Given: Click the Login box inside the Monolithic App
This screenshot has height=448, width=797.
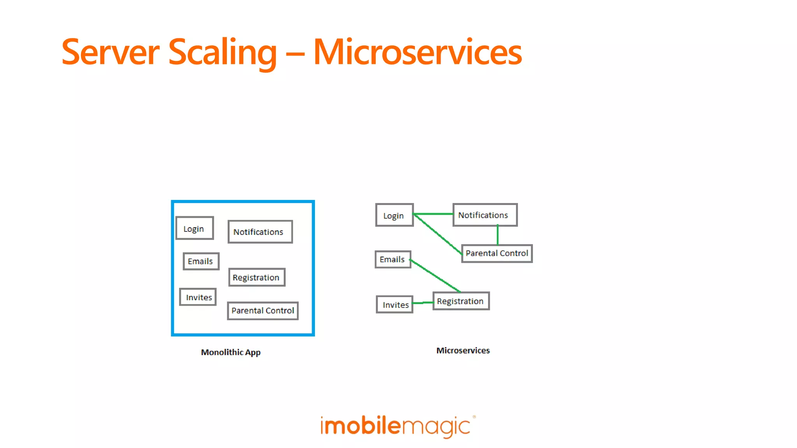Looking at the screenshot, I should [x=195, y=228].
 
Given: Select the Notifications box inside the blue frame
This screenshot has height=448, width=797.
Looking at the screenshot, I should [x=260, y=232].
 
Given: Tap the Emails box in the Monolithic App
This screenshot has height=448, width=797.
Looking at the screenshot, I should [x=201, y=261].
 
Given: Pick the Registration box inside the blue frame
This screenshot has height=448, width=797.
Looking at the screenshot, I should [x=257, y=277].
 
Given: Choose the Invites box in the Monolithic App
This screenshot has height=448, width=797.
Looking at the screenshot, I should [x=198, y=297].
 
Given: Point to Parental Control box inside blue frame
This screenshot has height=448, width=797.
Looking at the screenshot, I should [x=263, y=311].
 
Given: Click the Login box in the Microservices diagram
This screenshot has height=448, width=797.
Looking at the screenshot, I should [x=394, y=215].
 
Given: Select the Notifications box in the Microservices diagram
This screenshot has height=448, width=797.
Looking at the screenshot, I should [x=485, y=215].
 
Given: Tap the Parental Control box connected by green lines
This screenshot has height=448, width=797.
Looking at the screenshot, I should [x=497, y=253].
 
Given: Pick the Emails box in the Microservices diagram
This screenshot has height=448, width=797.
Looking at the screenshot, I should [x=393, y=259].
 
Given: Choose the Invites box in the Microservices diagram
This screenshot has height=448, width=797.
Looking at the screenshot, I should [x=394, y=304].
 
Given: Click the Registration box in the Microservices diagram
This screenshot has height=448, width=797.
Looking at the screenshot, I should [x=461, y=301].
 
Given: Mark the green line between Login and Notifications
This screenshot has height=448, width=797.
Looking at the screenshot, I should [x=433, y=214].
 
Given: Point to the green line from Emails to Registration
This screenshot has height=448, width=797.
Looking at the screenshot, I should [x=435, y=276].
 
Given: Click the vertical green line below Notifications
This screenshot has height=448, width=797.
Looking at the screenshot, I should [x=497, y=235].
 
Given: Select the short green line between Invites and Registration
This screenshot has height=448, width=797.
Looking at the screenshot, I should [x=423, y=303].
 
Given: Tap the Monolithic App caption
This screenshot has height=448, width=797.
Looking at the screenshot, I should [x=231, y=352].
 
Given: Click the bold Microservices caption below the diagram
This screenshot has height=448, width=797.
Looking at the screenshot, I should [x=463, y=350].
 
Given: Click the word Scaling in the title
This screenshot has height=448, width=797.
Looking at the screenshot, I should [x=222, y=52].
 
